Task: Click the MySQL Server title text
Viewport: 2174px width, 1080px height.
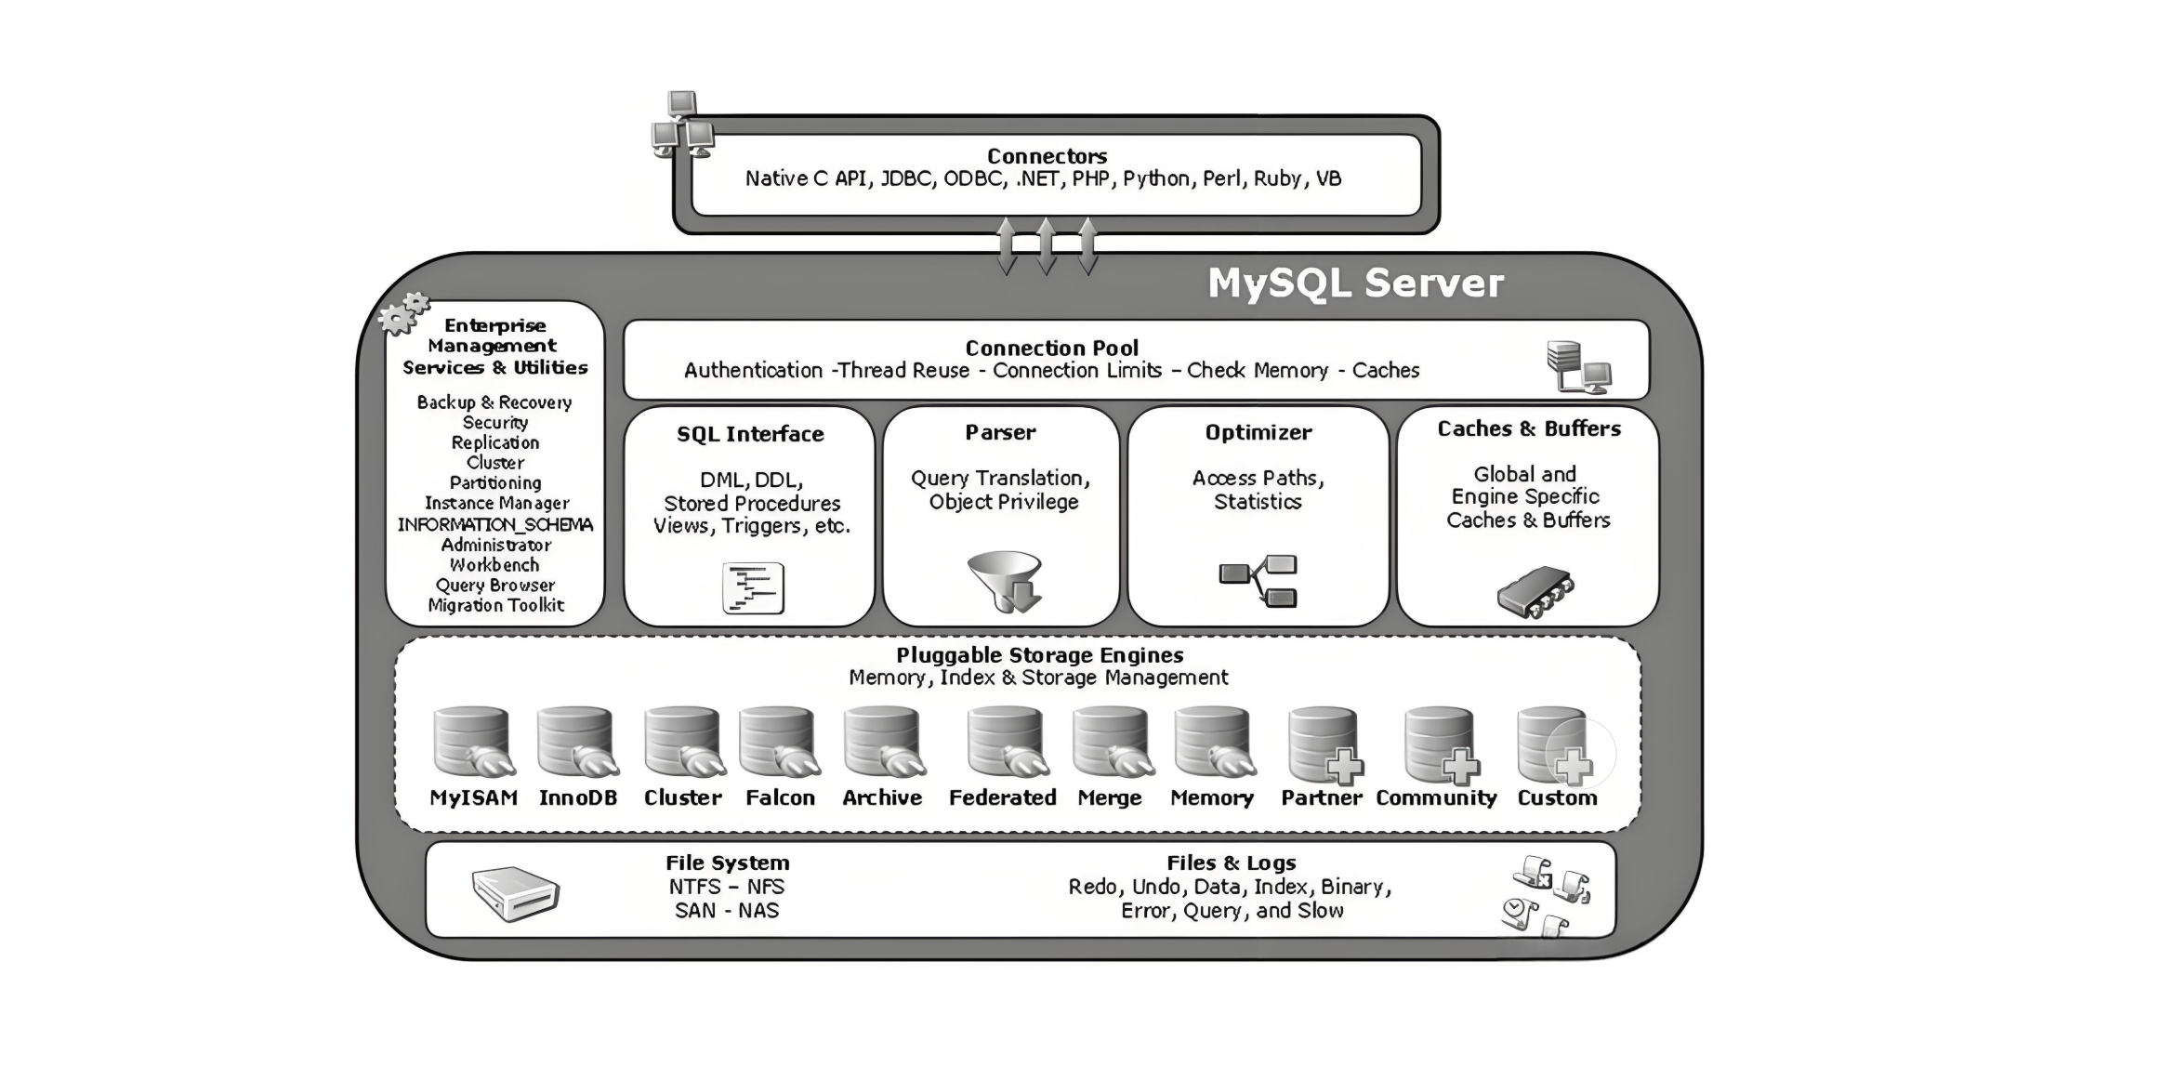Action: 1355,283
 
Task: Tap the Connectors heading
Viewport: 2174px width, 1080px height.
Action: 1047,156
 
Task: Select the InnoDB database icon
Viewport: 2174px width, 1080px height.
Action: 576,742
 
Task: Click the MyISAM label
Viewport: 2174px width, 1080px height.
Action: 473,797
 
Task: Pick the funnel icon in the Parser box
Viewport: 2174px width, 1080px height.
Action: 1005,582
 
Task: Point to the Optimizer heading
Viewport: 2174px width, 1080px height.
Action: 1258,432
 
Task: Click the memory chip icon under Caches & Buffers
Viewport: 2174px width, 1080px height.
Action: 1535,591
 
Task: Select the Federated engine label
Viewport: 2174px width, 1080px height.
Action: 1002,797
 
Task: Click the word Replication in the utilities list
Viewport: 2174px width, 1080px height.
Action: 495,442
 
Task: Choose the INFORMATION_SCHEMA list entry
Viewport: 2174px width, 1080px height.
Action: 495,524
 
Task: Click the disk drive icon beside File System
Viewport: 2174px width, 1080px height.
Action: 516,892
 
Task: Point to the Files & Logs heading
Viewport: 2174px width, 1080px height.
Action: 1232,863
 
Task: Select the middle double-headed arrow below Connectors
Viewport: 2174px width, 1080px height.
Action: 1046,245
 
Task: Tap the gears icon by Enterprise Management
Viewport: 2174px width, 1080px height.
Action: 404,313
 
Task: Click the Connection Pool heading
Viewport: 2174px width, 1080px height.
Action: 1051,348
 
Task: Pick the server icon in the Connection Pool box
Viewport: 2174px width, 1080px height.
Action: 1578,366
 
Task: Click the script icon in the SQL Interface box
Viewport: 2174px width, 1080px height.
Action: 754,588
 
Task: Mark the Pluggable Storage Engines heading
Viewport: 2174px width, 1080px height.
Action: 1039,655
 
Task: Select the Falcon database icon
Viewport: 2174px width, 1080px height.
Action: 779,742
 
